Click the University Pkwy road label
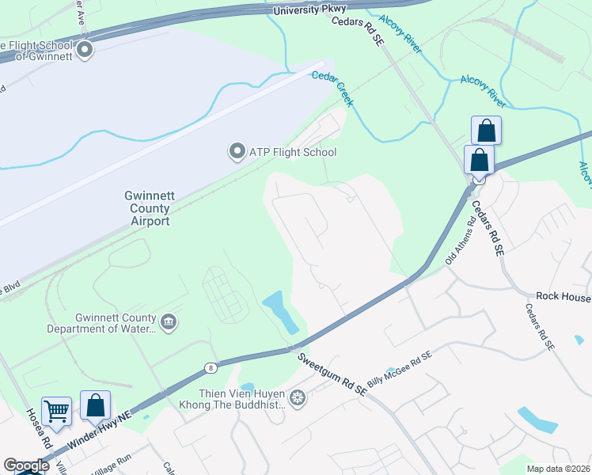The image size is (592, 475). [310, 10]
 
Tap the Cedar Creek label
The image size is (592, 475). [332, 88]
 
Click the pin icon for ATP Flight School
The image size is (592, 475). [236, 150]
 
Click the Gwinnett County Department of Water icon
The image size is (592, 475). [168, 321]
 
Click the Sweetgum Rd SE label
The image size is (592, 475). [332, 374]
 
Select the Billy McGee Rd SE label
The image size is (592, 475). [410, 363]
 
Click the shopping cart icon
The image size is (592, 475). [56, 411]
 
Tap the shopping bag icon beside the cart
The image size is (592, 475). [95, 405]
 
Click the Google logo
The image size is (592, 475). [25, 465]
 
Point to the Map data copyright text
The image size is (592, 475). [559, 469]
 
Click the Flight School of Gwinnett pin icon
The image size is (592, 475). [85, 51]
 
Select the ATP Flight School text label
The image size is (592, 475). [294, 152]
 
